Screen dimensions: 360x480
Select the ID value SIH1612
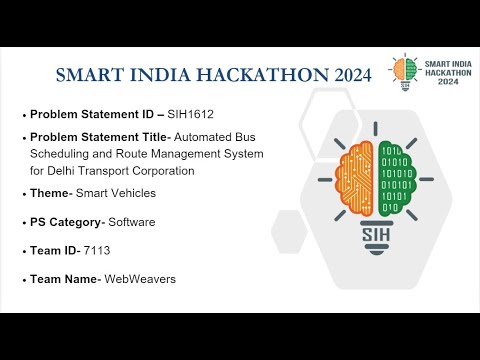point(192,114)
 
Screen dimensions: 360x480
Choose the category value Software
point(133,221)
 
